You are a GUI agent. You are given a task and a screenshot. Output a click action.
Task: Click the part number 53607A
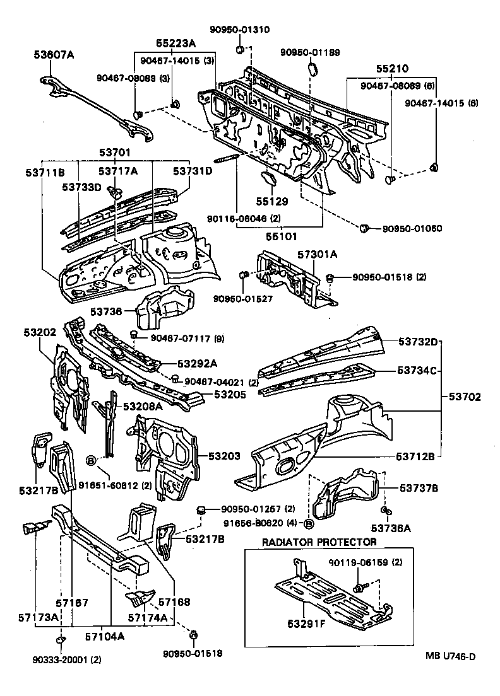tap(54, 55)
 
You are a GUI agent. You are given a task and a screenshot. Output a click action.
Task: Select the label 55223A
tap(176, 43)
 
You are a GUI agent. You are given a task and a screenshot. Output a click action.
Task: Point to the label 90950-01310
tap(239, 29)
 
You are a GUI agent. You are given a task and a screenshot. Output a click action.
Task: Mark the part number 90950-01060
tap(412, 228)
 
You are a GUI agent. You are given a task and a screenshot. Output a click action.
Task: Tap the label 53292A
tap(197, 363)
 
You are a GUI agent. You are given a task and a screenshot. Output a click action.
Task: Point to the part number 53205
tap(230, 394)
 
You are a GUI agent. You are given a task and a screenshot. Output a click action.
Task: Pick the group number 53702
tap(465, 397)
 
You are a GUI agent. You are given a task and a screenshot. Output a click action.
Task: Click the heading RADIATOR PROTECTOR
tap(319, 542)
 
